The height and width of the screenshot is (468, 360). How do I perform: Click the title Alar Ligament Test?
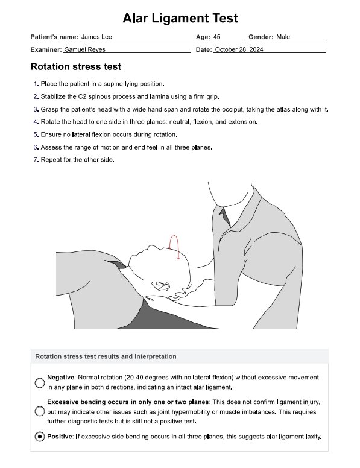click(180, 18)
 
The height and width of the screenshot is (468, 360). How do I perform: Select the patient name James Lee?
click(96, 37)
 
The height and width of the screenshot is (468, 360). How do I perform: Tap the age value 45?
click(216, 37)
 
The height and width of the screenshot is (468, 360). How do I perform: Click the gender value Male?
click(283, 37)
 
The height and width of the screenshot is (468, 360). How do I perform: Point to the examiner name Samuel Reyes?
click(85, 49)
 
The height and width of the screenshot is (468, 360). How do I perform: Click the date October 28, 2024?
click(239, 49)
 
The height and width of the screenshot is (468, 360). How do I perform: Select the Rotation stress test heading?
click(76, 66)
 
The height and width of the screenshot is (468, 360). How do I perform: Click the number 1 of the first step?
click(36, 84)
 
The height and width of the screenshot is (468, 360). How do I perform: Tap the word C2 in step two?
click(82, 96)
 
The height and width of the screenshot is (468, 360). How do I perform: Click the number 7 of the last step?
click(36, 160)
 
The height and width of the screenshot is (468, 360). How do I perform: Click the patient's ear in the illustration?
click(161, 286)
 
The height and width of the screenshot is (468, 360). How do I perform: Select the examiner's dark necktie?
click(225, 217)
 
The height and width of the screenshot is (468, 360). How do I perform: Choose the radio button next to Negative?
click(40, 382)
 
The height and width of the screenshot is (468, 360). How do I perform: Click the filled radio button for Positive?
click(40, 437)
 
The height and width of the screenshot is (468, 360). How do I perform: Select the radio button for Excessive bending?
click(40, 411)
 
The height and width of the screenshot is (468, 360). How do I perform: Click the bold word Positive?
click(60, 437)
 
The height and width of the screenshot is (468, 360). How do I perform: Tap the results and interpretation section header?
click(106, 356)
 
